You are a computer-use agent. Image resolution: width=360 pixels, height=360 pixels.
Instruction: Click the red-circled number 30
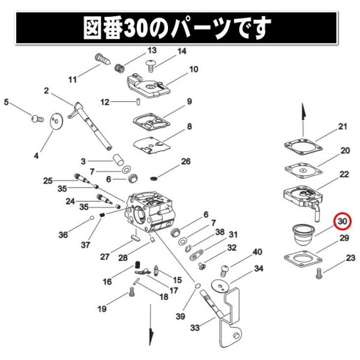(x=343, y=221)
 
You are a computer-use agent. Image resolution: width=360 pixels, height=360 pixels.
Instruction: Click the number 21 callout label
(x=343, y=126)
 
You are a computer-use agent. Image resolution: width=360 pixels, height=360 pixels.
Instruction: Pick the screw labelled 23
(x=319, y=273)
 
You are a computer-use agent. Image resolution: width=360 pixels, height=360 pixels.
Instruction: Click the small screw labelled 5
(x=36, y=119)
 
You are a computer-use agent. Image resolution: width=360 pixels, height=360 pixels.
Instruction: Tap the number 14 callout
(x=181, y=52)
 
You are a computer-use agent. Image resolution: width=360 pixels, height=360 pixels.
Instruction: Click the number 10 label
(x=193, y=70)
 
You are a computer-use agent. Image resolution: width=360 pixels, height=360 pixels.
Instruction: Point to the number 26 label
(x=185, y=161)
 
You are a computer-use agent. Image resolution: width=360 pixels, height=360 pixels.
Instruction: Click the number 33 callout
(x=194, y=328)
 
